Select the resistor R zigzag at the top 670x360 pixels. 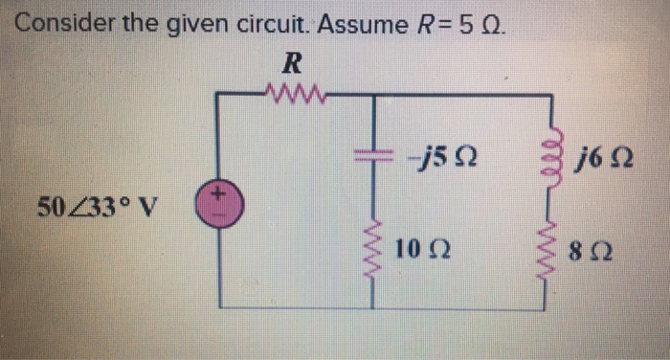pyautogui.click(x=296, y=94)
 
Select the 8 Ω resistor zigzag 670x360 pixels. pyautogui.click(x=551, y=255)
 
